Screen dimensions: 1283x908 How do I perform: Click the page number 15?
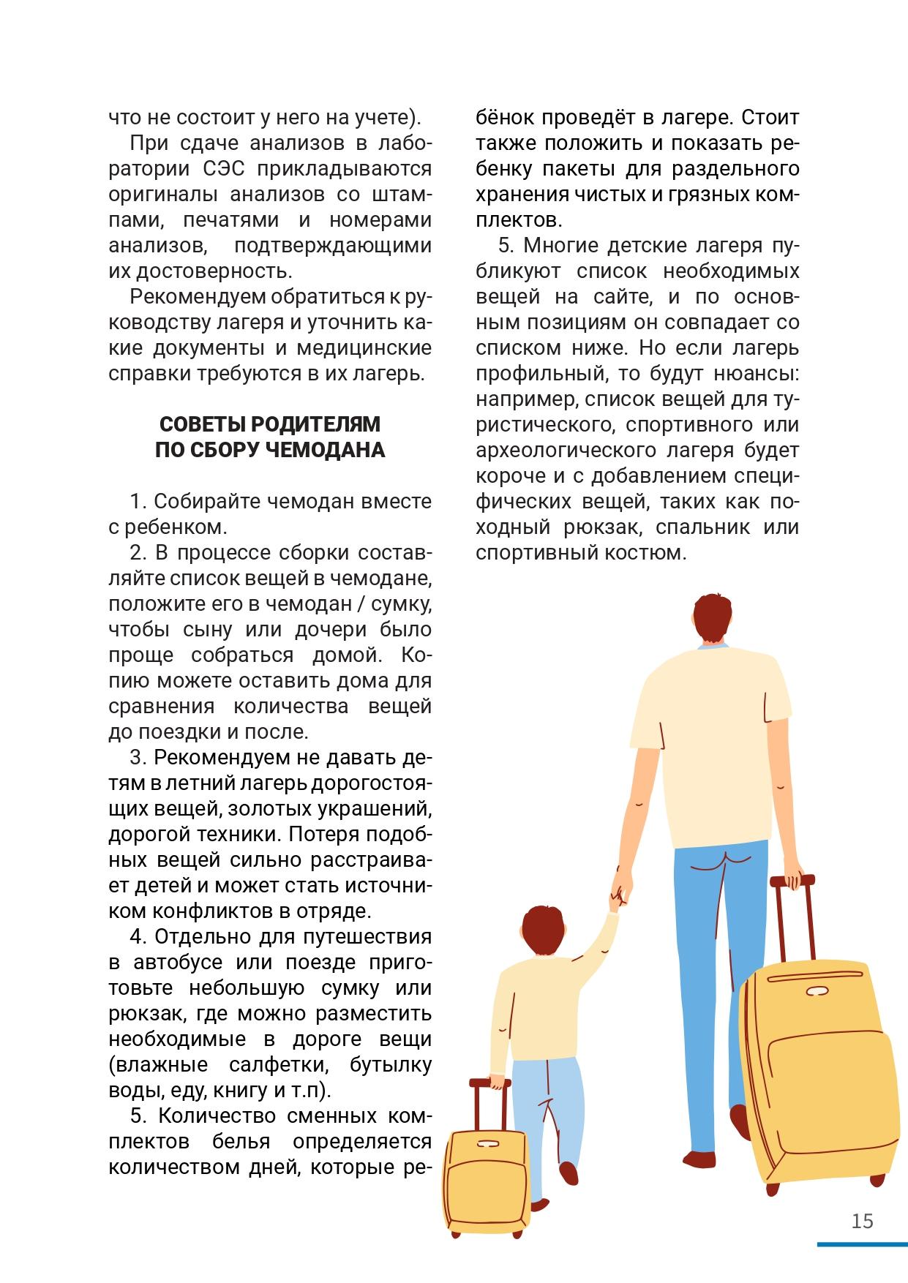tap(863, 1222)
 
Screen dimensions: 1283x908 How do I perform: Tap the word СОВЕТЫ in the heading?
tap(197, 424)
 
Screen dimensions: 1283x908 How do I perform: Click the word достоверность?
tap(200, 271)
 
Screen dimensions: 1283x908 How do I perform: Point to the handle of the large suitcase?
tap(793, 881)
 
